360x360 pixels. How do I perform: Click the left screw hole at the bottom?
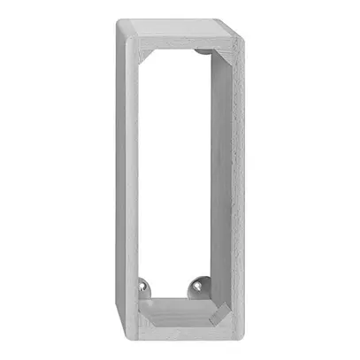coord(144,287)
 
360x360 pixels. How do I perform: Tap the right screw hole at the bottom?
coord(195,287)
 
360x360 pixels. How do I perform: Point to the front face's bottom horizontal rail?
coord(181,324)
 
